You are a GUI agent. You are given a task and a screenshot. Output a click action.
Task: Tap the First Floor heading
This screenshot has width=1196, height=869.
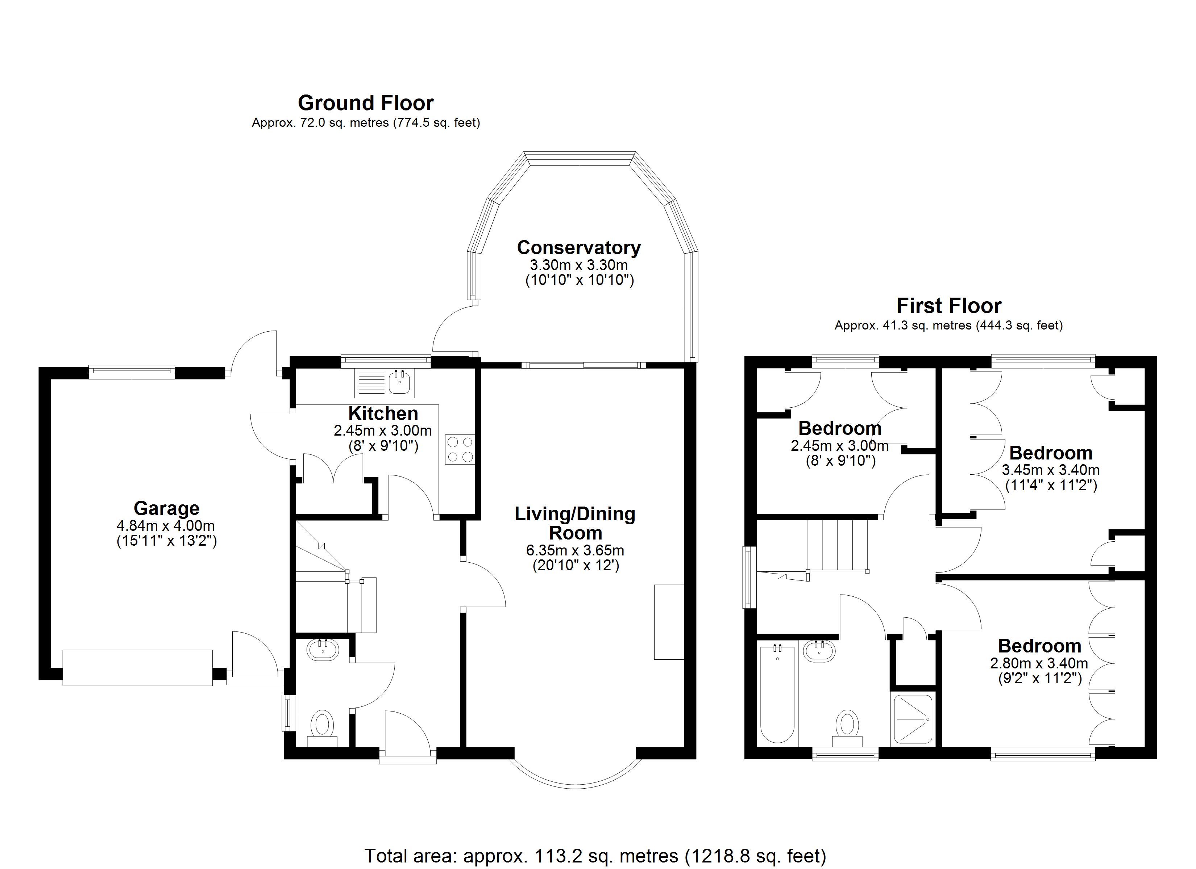[949, 306]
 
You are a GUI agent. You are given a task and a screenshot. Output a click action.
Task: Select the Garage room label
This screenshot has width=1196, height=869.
[167, 508]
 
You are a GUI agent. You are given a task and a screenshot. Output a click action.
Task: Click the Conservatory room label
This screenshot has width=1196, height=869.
[579, 247]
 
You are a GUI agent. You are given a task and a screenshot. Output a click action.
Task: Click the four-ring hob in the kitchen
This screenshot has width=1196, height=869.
[460, 449]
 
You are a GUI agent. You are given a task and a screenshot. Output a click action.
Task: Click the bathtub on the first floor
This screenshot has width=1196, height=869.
[777, 693]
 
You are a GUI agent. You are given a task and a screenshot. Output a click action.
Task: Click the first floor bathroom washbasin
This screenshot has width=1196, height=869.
[819, 651]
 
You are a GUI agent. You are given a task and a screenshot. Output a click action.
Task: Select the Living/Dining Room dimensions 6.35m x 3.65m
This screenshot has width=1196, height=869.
[575, 550]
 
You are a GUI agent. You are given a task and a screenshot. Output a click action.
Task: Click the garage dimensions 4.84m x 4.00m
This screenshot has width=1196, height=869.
[166, 525]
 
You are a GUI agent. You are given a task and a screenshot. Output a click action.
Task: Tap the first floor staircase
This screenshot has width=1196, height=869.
[838, 545]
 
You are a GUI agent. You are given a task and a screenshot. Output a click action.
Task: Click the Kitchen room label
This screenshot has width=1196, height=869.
[383, 413]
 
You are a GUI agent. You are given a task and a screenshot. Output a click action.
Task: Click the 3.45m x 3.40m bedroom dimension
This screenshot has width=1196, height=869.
[1050, 470]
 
